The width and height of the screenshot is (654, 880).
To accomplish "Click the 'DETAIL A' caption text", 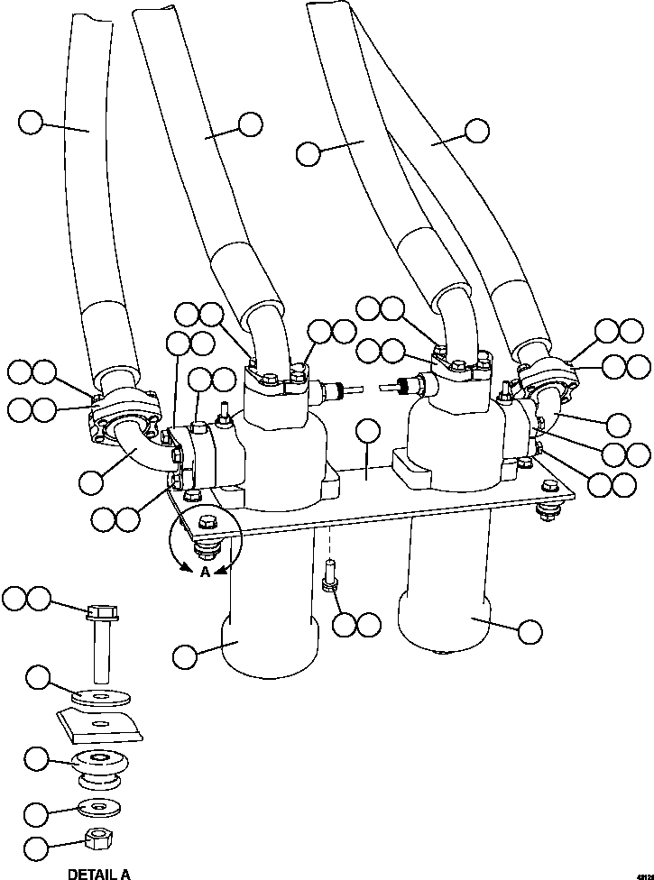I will (x=99, y=873).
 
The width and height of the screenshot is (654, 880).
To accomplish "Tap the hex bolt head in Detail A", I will (x=100, y=615).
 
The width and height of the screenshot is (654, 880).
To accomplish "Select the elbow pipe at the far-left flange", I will (x=143, y=452).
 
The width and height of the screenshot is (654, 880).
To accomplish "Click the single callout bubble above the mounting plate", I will (x=368, y=432).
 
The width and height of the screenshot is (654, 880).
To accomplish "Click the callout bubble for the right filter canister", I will (x=531, y=629).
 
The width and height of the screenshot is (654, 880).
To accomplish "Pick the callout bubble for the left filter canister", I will (x=185, y=656).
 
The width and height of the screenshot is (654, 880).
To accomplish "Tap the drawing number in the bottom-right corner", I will (x=643, y=874).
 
